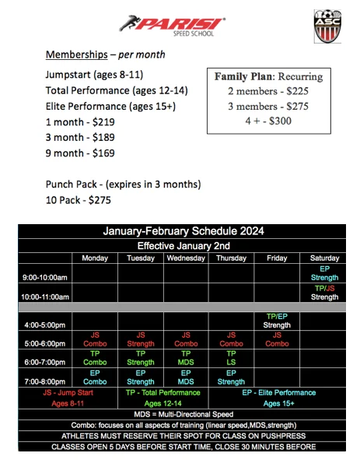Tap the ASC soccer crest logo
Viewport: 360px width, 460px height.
coord(327,25)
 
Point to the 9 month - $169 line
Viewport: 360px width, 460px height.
coord(81,153)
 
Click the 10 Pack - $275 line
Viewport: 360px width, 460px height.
coord(79,200)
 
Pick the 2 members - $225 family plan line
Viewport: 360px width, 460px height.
coord(267,92)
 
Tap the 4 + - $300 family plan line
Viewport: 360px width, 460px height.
coord(267,121)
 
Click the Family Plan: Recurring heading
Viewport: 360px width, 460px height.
coord(267,77)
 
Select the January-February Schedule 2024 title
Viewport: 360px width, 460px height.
coord(183,231)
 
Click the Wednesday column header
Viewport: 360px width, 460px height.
coord(186,258)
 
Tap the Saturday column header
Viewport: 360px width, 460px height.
coord(324,258)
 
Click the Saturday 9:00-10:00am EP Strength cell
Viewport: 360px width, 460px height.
coord(324,273)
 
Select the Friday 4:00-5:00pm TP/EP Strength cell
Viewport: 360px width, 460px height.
coord(278,321)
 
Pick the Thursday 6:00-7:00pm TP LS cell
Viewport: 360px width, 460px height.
coord(231,357)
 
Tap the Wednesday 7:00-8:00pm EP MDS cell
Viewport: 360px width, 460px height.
coord(186,377)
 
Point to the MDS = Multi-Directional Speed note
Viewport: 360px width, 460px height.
coord(183,413)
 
